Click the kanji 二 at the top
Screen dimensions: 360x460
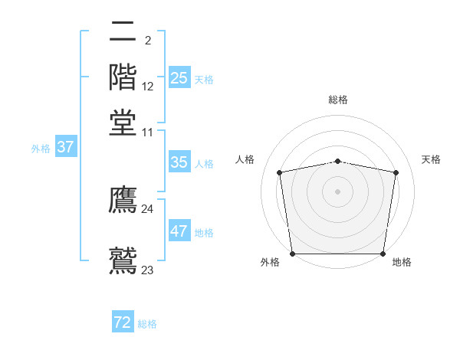123,33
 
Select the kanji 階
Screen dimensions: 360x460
123,77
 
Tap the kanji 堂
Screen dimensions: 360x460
123,123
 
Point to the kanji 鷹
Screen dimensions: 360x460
123,199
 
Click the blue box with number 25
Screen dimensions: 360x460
179,78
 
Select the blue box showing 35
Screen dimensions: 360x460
179,162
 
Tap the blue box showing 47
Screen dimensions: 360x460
179,231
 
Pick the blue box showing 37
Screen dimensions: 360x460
65,147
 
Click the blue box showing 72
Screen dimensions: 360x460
123,322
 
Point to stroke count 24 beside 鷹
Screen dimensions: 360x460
147,208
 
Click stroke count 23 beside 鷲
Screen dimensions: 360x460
147,270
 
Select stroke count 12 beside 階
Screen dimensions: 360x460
148,87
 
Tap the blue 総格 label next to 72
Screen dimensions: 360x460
147,324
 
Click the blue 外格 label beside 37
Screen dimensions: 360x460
41,149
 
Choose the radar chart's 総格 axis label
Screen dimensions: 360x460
337,100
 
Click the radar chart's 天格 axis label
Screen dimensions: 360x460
431,159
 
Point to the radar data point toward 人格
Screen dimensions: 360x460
280,172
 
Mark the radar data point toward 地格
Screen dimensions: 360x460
383,254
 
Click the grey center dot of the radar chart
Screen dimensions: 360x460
337,191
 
